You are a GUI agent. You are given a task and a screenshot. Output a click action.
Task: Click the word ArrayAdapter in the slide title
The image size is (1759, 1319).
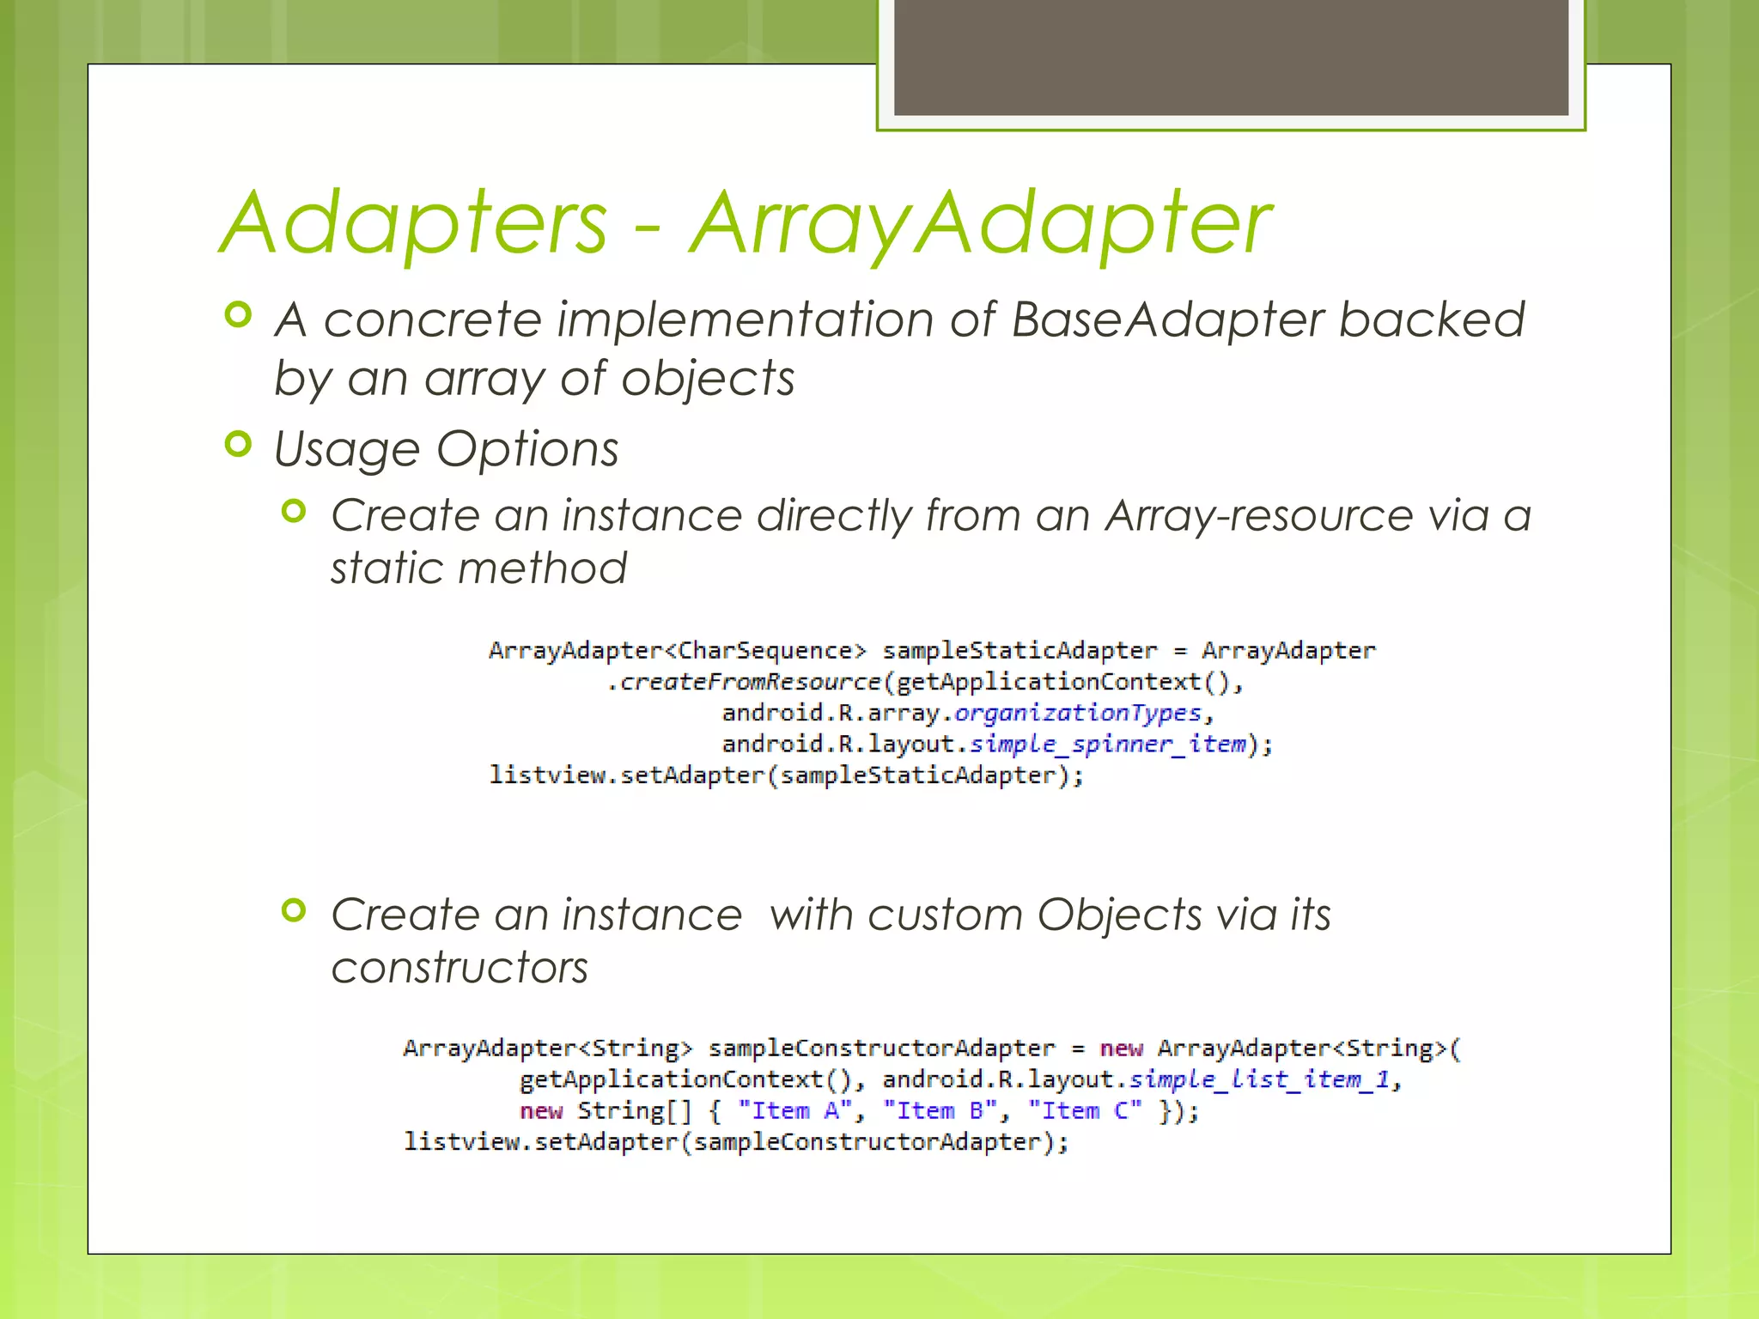coord(979,223)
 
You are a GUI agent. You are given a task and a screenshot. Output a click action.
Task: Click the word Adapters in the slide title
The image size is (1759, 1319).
coord(415,223)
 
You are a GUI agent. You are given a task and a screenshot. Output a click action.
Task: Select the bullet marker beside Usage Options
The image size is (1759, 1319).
coord(238,444)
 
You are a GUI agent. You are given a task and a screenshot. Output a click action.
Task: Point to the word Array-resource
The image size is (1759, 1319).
coord(1258,515)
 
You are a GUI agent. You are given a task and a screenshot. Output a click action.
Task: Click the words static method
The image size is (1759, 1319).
coord(478,568)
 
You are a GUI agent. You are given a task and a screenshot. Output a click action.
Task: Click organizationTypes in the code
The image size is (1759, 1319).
coord(1078,713)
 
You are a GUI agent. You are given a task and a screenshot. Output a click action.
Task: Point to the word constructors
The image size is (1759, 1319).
coord(460,968)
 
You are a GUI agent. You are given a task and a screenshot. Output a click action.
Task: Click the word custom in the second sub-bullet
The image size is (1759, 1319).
coord(945,915)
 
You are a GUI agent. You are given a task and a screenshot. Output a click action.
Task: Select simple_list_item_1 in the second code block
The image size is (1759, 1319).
coord(1260,1079)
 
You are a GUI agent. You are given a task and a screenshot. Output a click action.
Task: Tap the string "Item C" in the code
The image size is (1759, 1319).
coord(1085,1111)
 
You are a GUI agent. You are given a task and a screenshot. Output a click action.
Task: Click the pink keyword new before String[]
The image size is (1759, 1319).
coord(540,1111)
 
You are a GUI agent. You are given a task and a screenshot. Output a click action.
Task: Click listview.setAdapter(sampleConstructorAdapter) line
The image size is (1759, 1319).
coord(736,1142)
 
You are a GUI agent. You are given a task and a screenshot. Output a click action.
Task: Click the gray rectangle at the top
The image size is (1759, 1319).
coord(1231,57)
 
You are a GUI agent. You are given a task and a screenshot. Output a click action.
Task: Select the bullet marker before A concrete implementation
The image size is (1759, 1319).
coord(238,315)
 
